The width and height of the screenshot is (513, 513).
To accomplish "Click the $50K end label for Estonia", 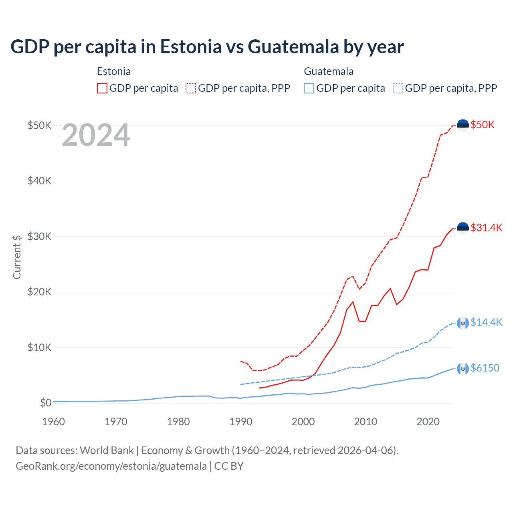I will click(x=483, y=125).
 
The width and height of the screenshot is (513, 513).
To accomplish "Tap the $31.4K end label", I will click(x=486, y=228).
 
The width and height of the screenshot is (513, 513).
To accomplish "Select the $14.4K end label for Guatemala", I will click(x=486, y=322).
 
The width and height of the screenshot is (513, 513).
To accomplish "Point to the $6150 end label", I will click(x=485, y=368).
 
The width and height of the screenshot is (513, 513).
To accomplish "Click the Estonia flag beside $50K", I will click(x=463, y=125).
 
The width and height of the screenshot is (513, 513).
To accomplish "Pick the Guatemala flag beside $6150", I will click(x=463, y=368).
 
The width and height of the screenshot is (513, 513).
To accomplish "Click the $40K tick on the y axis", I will click(x=39, y=181).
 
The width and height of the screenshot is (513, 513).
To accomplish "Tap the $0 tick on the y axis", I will click(x=46, y=403).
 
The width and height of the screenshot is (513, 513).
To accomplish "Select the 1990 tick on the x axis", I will click(x=241, y=422).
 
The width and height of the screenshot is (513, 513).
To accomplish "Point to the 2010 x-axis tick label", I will click(x=366, y=422).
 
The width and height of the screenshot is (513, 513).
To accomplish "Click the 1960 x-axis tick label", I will click(x=54, y=422).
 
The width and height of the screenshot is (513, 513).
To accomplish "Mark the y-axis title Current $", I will click(x=17, y=257).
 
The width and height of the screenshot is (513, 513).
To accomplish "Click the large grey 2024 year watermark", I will click(x=96, y=135).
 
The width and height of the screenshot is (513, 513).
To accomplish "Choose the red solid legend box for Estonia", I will click(x=102, y=88).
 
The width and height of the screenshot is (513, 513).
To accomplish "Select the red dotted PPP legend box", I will click(x=191, y=88).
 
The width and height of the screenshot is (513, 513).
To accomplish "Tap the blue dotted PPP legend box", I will click(x=398, y=88).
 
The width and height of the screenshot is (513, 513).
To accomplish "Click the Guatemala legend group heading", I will click(x=329, y=71).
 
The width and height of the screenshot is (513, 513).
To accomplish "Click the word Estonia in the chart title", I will click(x=191, y=46).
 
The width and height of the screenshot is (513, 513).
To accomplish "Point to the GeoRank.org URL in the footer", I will click(x=111, y=466).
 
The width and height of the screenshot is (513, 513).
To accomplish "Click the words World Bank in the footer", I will click(x=107, y=450).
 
